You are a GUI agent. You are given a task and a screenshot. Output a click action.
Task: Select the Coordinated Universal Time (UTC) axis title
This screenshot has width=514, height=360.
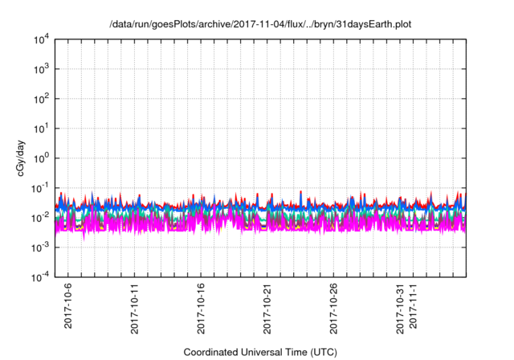coord(260,352)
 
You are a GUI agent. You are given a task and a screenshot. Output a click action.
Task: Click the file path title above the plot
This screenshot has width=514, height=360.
coord(260,24)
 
